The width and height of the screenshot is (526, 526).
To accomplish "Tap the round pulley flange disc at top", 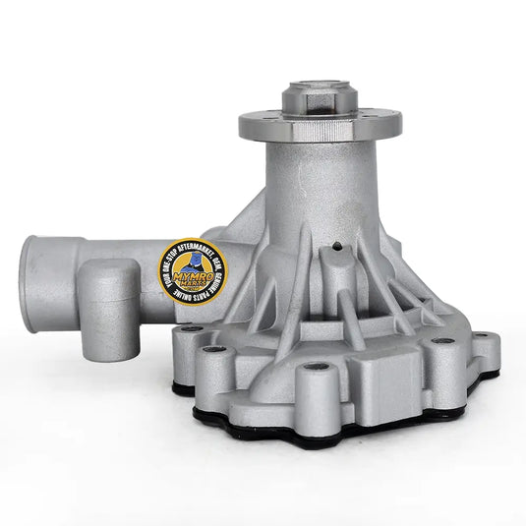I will click(320, 124).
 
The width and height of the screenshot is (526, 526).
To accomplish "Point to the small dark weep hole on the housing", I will click(337, 247).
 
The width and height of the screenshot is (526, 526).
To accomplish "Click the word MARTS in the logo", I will click(192, 289).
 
